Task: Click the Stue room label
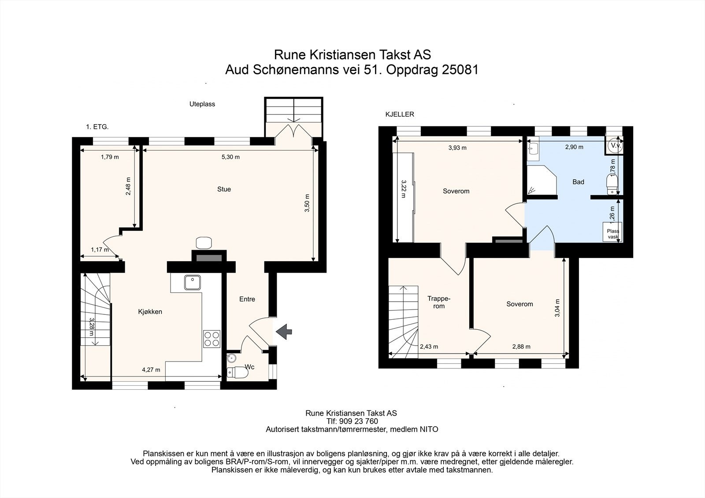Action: (x=224, y=189)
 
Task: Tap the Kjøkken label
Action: (x=150, y=311)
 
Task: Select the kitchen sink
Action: (x=193, y=283)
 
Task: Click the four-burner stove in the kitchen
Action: (x=212, y=339)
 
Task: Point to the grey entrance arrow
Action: (x=284, y=331)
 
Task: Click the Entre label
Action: (x=247, y=299)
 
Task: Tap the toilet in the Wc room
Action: (x=237, y=373)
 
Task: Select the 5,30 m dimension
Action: (x=231, y=157)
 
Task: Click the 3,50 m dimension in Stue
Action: (x=307, y=203)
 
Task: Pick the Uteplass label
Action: (x=202, y=104)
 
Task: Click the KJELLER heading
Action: (x=400, y=114)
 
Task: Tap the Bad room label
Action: (x=578, y=181)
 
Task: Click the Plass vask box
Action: (x=612, y=232)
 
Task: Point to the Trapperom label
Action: (x=439, y=302)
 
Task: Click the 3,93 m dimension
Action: (x=457, y=148)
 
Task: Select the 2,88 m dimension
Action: (x=521, y=347)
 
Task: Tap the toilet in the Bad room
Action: (x=612, y=184)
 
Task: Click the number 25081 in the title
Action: (x=460, y=70)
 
